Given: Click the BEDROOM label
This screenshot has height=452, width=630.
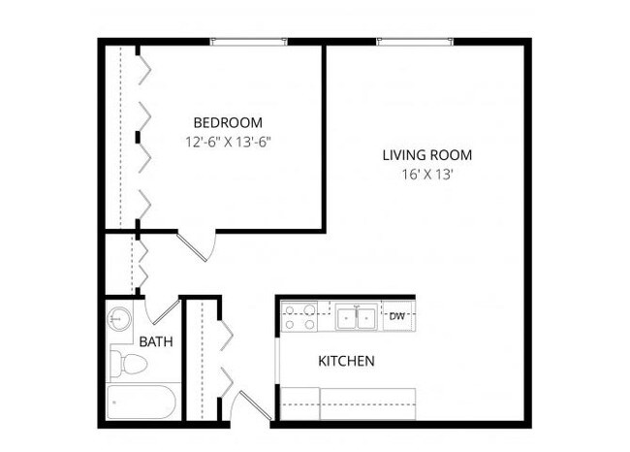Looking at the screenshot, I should point(228,122).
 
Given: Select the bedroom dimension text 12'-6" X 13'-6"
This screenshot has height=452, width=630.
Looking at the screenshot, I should point(228,141).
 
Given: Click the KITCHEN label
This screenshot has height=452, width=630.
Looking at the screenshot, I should point(346,362).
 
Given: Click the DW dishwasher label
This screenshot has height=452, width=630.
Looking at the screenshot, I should point(397,315).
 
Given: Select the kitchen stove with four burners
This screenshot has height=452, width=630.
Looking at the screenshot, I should point(299,315).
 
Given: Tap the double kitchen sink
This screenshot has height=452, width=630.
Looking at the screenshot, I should point(357,316).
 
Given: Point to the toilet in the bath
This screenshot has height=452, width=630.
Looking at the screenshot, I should point(129,365).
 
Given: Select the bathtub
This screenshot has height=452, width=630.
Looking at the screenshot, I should point(142,403).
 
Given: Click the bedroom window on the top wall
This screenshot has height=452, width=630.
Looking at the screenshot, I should point(250,41).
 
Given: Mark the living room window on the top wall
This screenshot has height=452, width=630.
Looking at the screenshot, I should point(415,41).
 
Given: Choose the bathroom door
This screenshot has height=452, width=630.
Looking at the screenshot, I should point(163,310).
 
